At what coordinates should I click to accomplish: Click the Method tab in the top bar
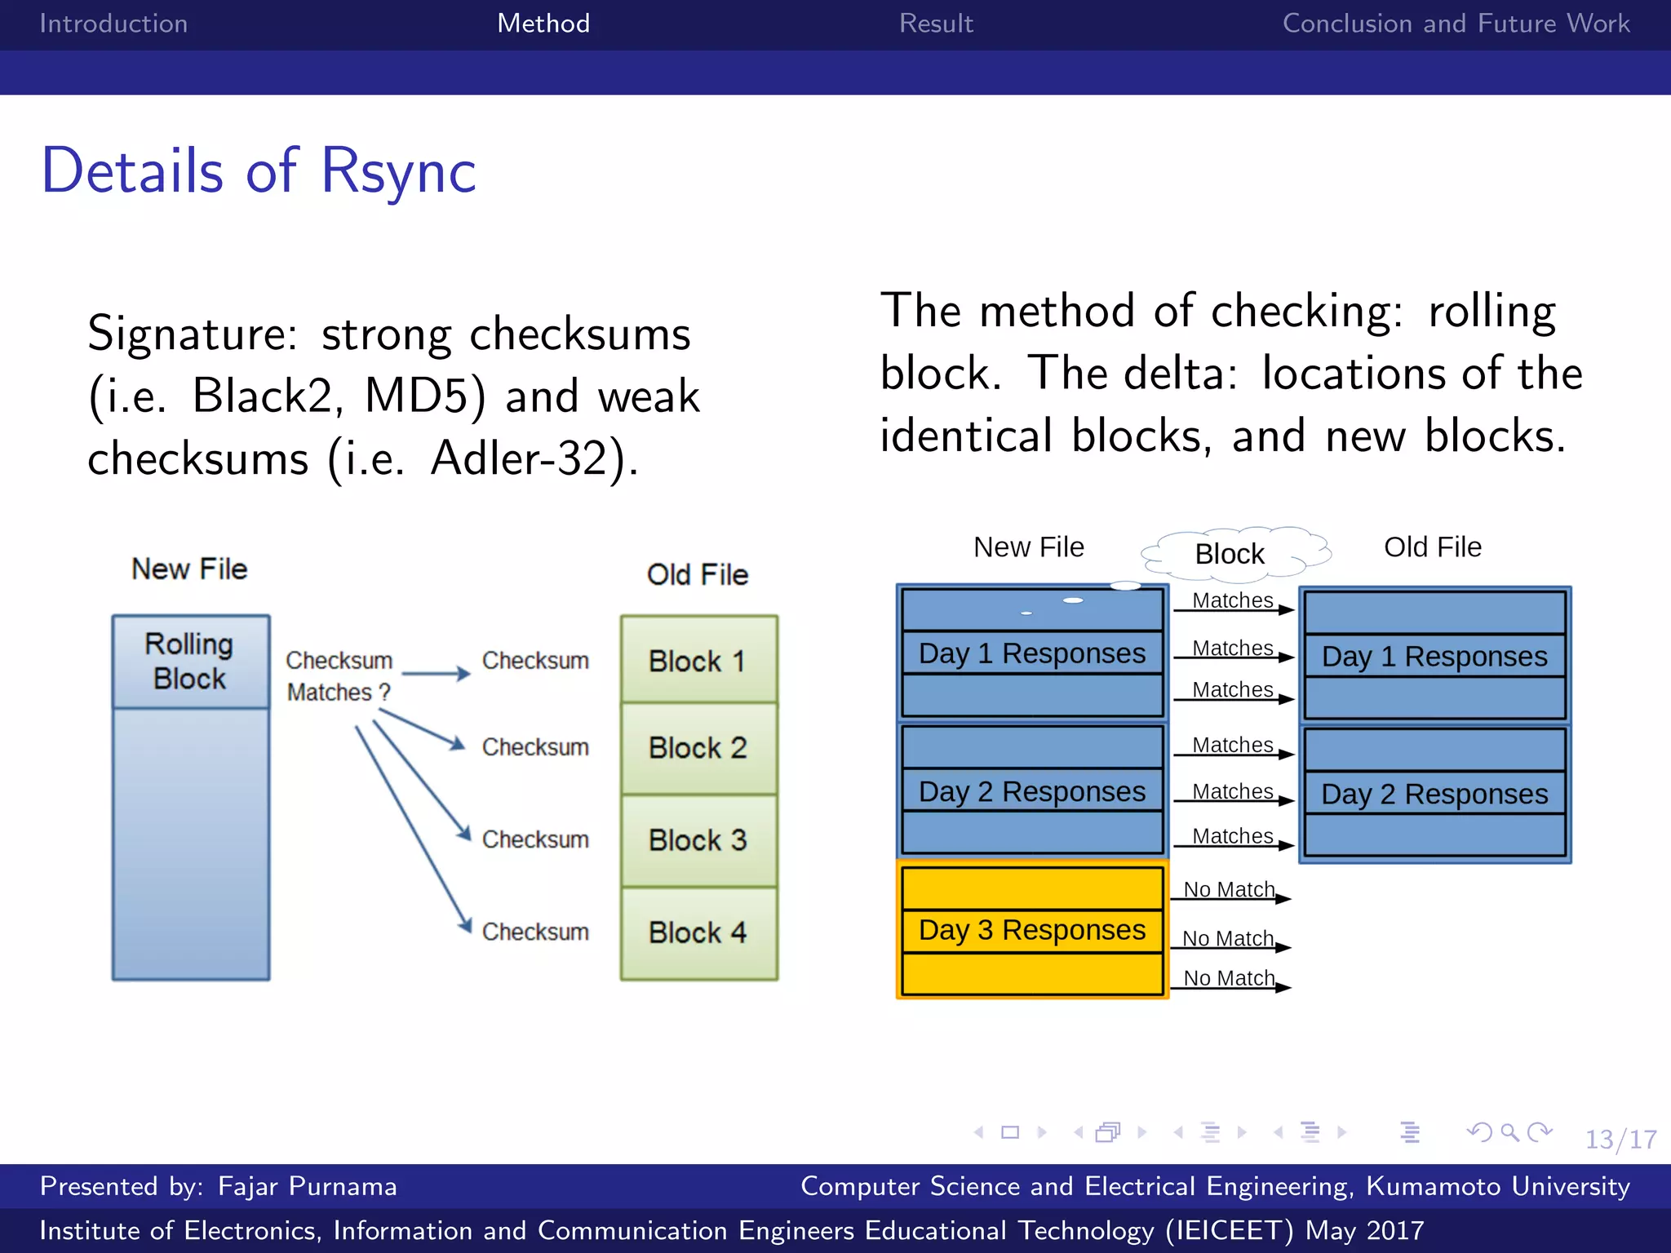point(543,23)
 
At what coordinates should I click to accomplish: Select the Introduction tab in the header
point(113,23)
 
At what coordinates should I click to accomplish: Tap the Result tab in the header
point(936,23)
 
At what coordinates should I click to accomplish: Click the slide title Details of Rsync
point(259,171)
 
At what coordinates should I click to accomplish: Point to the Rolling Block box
point(190,662)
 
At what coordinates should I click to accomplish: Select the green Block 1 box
point(698,660)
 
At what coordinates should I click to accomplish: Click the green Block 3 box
point(698,840)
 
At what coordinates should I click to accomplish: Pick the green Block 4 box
point(698,932)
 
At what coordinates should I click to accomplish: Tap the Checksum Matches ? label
point(339,676)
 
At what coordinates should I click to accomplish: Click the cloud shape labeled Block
point(1230,554)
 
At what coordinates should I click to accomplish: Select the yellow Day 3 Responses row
point(1032,930)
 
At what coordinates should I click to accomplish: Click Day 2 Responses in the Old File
point(1434,794)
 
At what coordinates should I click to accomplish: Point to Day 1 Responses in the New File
point(1032,653)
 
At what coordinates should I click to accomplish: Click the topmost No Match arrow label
point(1229,889)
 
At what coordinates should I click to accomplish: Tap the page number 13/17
point(1620,1139)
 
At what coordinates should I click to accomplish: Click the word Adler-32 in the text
point(521,458)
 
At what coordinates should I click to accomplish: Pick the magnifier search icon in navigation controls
point(1509,1132)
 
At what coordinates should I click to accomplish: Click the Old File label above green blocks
point(698,574)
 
